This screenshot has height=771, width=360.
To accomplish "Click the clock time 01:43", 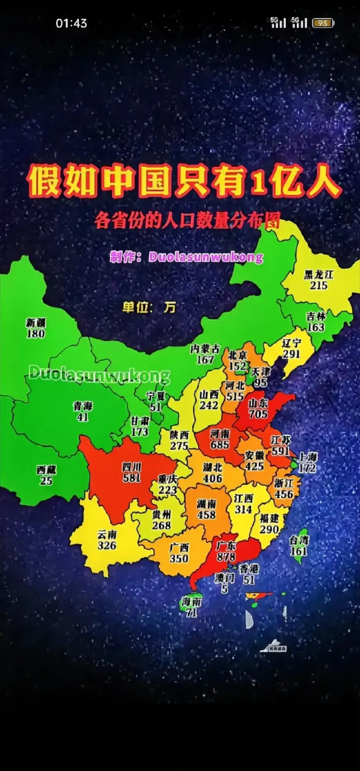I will point(71,23).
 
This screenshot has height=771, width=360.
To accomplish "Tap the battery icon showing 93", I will point(323,23).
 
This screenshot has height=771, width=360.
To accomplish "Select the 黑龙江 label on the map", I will point(318,275).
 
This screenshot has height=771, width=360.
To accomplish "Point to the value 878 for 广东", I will point(226,558).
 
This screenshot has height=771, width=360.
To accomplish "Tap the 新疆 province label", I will point(36,322).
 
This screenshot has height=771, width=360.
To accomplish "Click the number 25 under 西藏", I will point(46,481).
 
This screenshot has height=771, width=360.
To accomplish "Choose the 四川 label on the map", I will point(131,467).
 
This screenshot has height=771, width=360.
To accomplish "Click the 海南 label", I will point(191,601).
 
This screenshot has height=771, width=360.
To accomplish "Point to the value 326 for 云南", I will point(107,546).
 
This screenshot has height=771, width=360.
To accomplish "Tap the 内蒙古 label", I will point(205,349).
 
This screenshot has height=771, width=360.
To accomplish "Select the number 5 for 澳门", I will point(225,590).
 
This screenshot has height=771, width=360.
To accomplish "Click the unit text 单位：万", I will point(149,307).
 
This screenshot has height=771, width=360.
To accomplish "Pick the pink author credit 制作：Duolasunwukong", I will point(187,257).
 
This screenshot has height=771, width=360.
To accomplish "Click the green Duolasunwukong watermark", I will point(99,373).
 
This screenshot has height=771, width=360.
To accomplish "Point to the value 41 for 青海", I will point(83,417).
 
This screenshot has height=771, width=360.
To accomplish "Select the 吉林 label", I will point(315,316).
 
